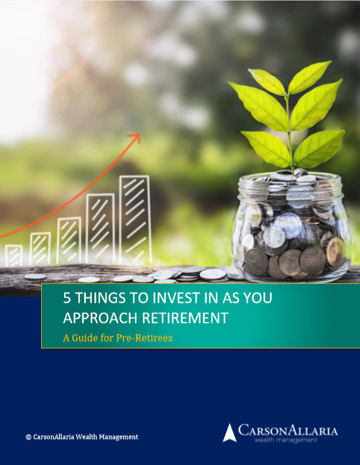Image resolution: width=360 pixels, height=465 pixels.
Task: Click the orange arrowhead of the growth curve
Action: coord(136,138)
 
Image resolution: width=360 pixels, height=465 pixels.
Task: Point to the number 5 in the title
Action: coord(67,298)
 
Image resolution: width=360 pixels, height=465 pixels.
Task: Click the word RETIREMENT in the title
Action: coord(185,317)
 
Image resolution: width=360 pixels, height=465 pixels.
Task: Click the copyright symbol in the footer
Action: coord(28,437)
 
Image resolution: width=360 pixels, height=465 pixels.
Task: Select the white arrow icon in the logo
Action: coord(229,433)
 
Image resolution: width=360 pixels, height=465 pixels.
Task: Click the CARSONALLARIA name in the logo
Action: coord(288,430)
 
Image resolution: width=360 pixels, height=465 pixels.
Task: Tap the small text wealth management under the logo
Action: coord(285,440)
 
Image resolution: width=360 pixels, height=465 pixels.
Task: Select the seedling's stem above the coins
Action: coord(289,133)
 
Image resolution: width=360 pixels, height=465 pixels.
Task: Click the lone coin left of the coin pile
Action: coord(35,277)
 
